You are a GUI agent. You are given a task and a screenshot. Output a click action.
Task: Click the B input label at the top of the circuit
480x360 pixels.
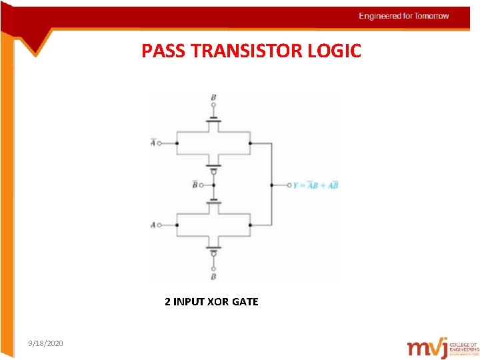click(213, 98)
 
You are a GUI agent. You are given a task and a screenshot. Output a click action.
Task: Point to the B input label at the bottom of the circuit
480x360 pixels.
click(213, 276)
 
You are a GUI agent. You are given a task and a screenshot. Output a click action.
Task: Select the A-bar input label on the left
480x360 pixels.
click(153, 143)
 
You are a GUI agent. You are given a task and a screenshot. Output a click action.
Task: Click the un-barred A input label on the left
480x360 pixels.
click(153, 225)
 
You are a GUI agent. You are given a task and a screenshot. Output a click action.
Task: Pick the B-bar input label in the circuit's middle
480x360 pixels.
click(195, 185)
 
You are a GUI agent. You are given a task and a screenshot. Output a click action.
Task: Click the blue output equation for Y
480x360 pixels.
click(315, 185)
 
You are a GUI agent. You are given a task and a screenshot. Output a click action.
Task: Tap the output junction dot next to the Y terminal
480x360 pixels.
click(271, 185)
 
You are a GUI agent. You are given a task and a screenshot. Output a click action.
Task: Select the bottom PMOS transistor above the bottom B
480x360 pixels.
click(213, 248)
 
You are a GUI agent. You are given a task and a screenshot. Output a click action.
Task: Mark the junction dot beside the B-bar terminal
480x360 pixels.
click(213, 185)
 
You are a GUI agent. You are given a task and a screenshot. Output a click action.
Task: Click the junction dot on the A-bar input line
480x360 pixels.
click(177, 143)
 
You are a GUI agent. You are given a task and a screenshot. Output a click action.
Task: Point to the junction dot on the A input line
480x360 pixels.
click(177, 225)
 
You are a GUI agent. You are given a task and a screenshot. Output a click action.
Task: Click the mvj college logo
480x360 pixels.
click(443, 347)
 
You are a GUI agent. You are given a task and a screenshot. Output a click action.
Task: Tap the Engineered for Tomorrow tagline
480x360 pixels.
click(404, 16)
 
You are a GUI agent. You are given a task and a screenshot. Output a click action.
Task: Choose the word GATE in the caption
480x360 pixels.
click(245, 302)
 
